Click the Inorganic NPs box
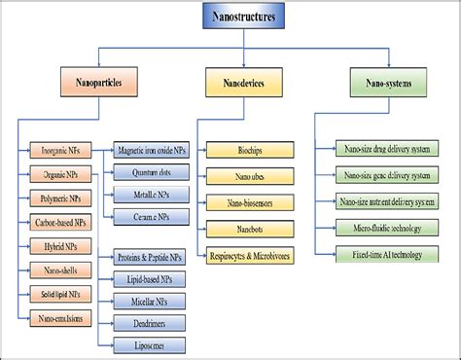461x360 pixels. (x=61, y=151)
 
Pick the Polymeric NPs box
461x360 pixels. (x=61, y=198)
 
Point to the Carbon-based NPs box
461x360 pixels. (x=61, y=223)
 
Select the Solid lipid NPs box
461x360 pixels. (x=61, y=293)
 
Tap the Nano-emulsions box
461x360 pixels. (x=61, y=317)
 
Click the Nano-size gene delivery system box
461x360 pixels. (x=386, y=176)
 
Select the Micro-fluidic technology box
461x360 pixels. (x=386, y=229)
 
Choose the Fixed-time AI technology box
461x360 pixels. (x=386, y=255)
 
